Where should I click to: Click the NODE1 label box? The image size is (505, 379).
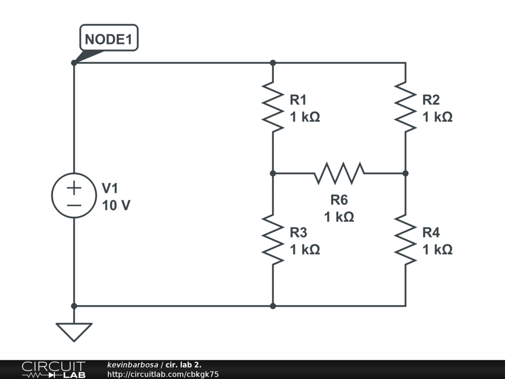click(x=109, y=38)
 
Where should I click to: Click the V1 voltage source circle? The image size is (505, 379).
click(x=74, y=173)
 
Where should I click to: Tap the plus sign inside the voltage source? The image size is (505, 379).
click(x=74, y=188)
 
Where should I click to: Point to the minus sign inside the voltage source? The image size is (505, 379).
click(x=74, y=205)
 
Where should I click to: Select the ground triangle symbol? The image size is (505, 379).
click(x=74, y=332)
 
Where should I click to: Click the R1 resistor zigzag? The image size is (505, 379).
click(x=273, y=107)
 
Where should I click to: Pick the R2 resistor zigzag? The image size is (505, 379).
click(x=405, y=107)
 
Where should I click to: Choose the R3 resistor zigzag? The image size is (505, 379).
click(x=273, y=240)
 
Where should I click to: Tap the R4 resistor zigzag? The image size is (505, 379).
click(x=405, y=240)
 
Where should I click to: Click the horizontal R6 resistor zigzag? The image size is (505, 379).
click(x=339, y=173)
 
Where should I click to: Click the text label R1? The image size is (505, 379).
click(x=298, y=100)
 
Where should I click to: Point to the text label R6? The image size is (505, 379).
click(x=339, y=200)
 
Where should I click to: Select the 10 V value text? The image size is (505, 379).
click(x=116, y=205)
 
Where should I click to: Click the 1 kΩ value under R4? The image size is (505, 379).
click(x=437, y=250)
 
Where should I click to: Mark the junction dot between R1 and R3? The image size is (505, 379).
click(x=273, y=173)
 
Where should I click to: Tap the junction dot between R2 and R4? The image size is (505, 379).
click(x=405, y=173)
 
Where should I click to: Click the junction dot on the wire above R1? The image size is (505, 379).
click(x=273, y=63)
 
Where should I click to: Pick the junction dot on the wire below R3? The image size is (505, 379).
click(x=273, y=306)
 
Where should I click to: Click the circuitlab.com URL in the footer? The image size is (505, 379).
click(x=163, y=374)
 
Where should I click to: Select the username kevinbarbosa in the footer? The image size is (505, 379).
click(x=133, y=365)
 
